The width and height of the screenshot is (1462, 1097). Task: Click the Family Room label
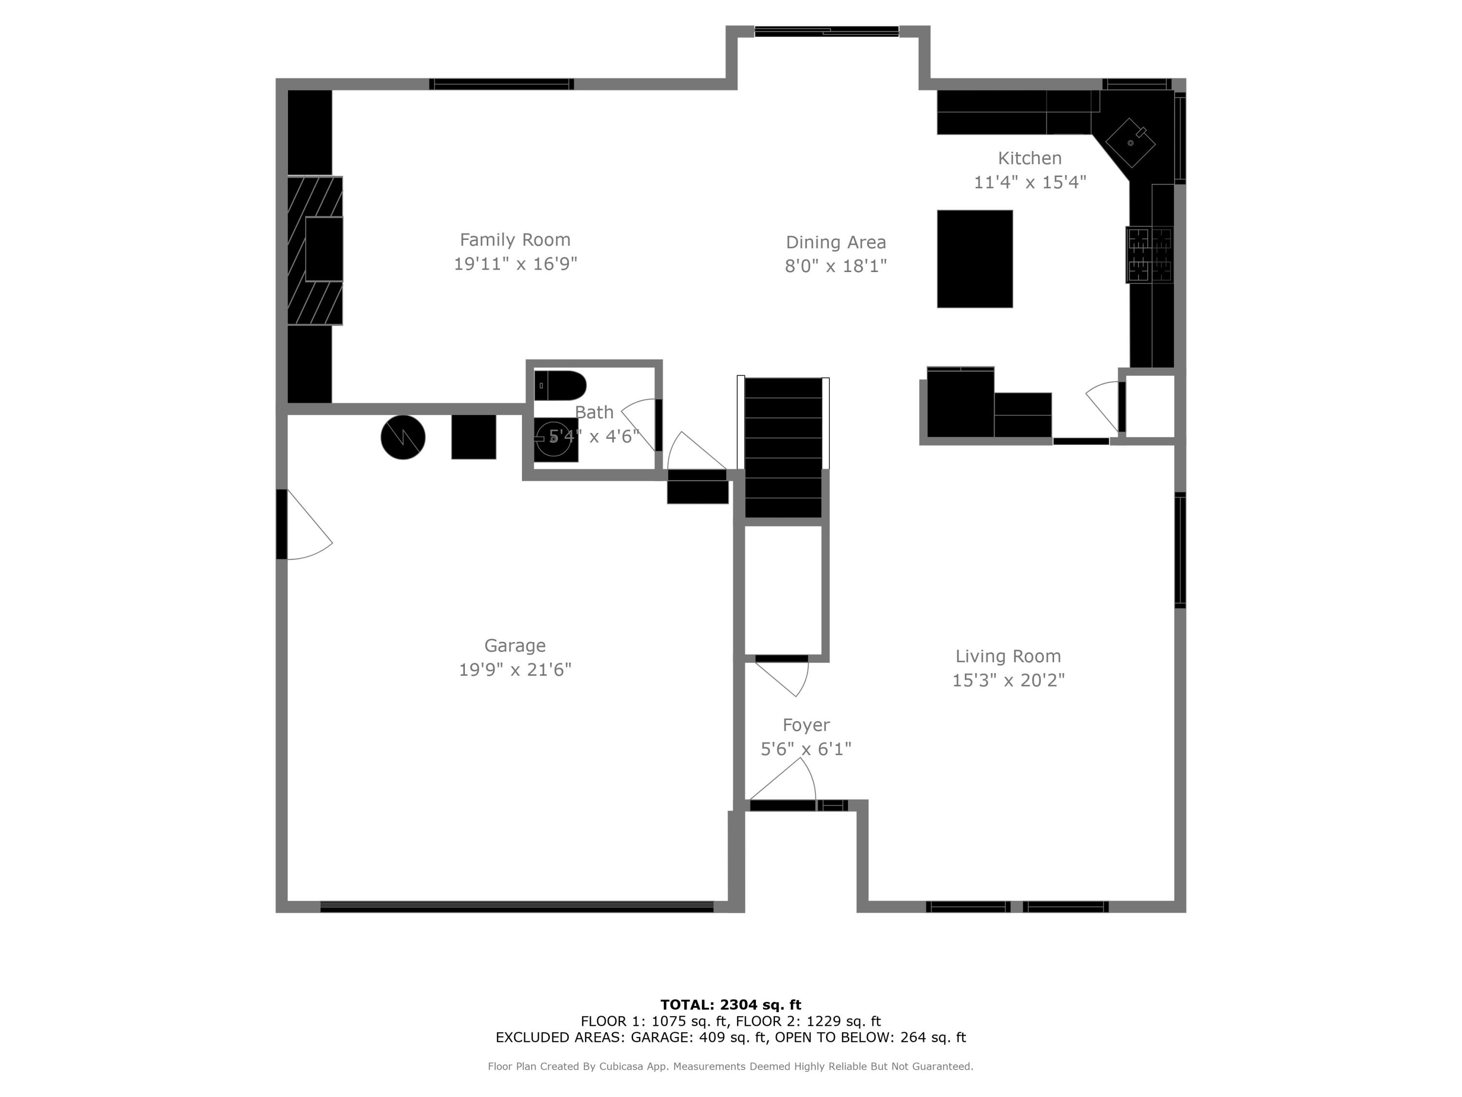(515, 239)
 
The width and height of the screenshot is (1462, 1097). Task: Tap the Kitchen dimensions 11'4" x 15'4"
(1030, 182)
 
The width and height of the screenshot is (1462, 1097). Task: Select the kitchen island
(974, 258)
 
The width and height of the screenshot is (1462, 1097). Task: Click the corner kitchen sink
(1130, 143)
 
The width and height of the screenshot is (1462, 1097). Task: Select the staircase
(783, 447)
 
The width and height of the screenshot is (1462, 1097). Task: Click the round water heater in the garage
(403, 437)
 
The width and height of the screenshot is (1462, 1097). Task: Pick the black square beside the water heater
(473, 436)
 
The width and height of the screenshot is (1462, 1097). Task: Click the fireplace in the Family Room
(316, 250)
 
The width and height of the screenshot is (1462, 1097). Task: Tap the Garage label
(515, 646)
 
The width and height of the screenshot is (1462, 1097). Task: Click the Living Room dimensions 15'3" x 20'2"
(1008, 680)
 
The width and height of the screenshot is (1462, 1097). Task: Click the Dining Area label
(835, 242)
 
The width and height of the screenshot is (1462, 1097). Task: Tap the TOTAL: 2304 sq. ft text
(731, 1005)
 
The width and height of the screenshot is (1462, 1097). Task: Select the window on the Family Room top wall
(501, 84)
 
